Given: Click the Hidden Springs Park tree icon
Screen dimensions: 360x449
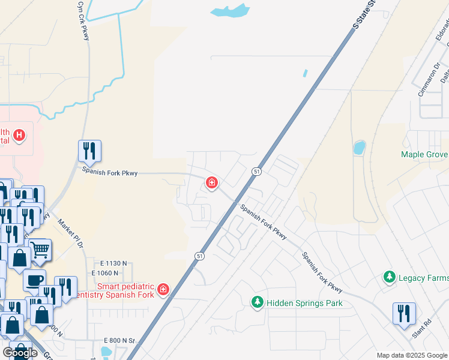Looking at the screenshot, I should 258,302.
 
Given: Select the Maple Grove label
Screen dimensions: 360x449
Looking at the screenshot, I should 424,154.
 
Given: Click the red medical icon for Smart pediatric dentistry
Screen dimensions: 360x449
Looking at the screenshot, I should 163,291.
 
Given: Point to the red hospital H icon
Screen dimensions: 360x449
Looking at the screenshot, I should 20,136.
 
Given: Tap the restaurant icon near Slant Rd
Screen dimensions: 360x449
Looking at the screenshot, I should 403,313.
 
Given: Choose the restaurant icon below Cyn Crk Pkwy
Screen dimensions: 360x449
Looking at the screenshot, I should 89,151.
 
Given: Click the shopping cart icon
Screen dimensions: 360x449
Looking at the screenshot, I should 40,250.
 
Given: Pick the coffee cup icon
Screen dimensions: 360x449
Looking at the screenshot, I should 34,280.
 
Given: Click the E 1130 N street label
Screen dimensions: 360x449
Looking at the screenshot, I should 115,263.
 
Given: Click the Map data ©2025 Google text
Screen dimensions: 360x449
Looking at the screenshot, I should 412,355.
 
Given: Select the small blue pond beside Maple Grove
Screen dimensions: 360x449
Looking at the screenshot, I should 359,148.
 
